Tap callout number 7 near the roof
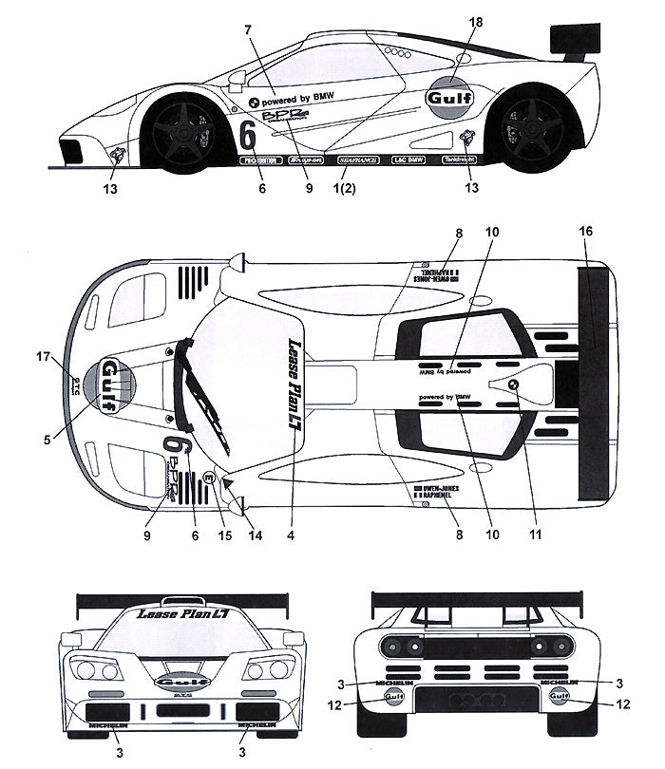click(248, 30)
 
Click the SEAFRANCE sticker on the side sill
click(358, 160)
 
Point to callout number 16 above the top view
click(586, 231)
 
